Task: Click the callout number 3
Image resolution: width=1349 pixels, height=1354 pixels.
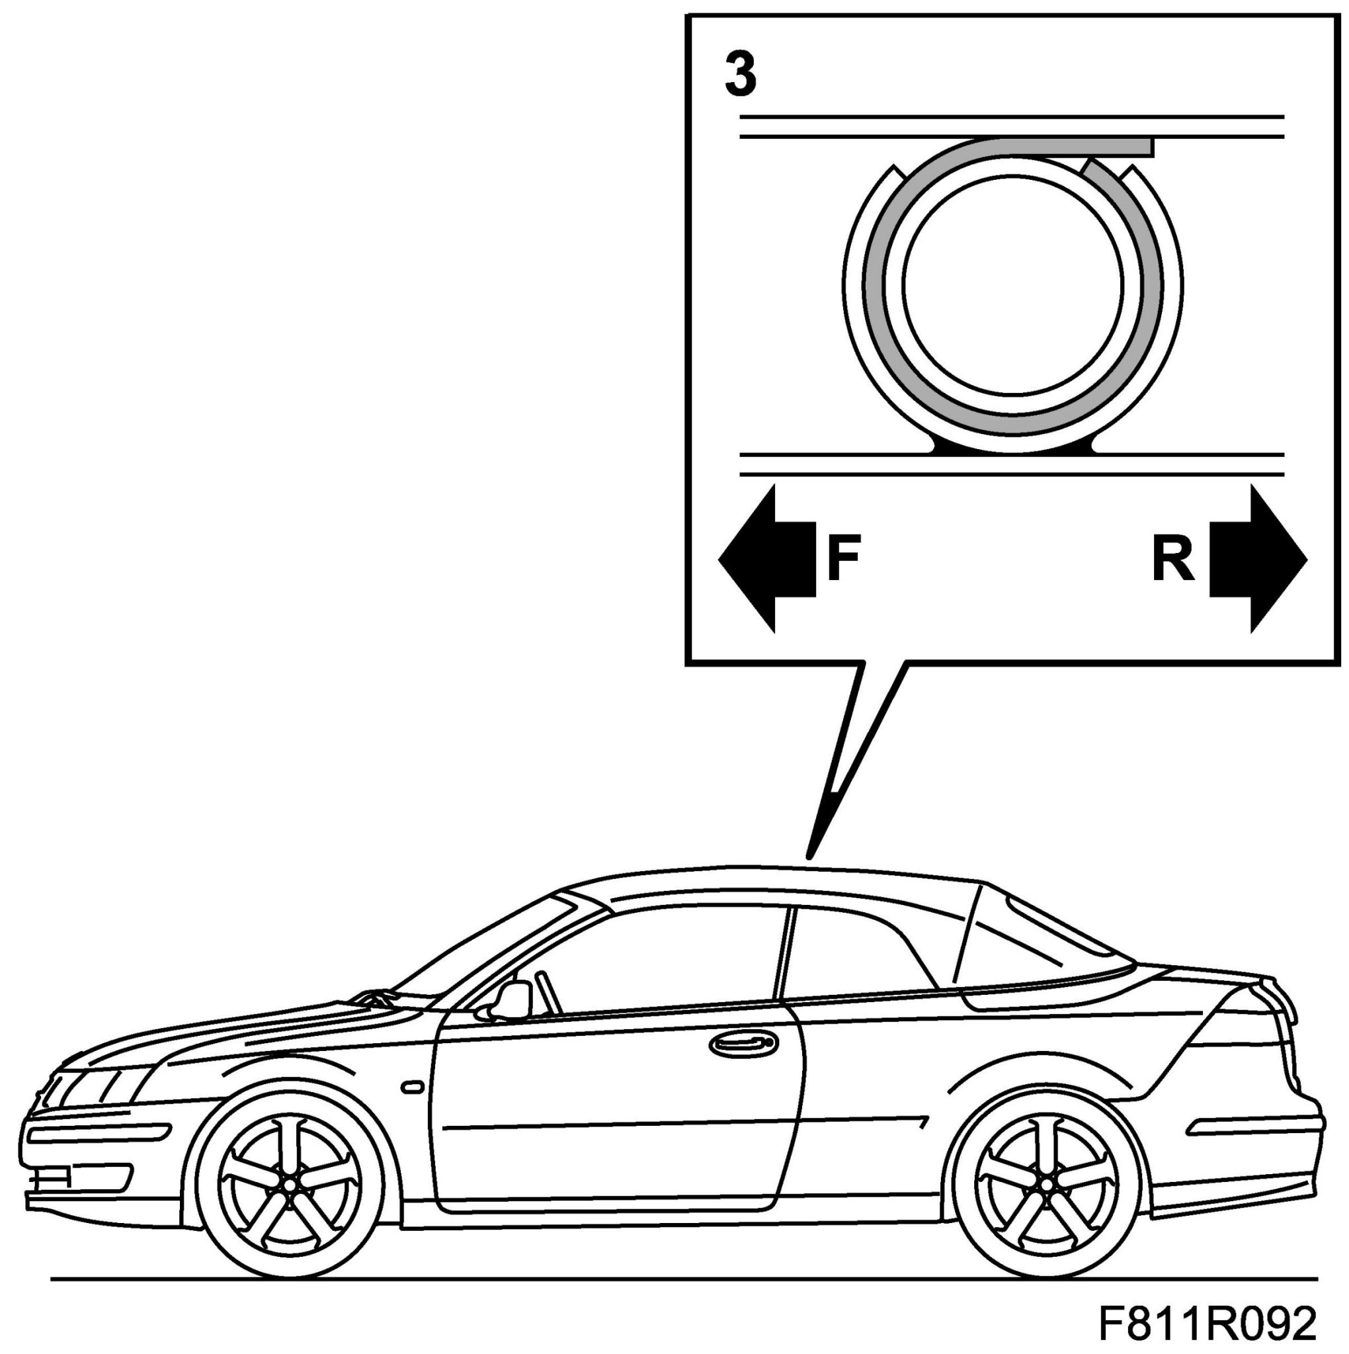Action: [740, 75]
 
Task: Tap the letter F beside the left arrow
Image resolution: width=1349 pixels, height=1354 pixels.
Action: [843, 560]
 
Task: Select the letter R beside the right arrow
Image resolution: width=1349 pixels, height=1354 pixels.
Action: [1172, 560]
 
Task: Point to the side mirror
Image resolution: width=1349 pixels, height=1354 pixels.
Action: [512, 1000]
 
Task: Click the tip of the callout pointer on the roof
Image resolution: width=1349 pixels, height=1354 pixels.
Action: [809, 856]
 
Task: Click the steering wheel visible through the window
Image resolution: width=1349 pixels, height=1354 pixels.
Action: [549, 992]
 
